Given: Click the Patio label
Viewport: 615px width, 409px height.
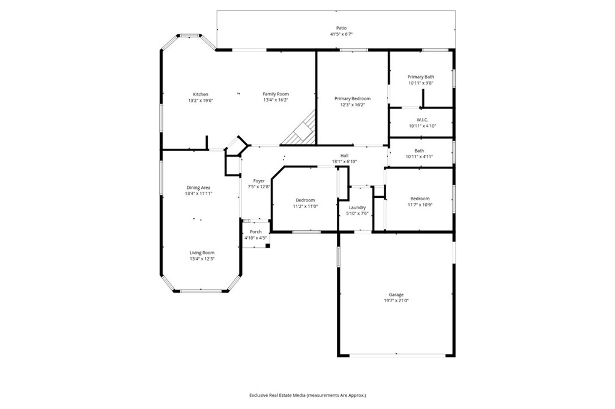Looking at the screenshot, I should tap(341, 28).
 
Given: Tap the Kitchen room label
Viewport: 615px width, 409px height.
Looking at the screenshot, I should tap(201, 94).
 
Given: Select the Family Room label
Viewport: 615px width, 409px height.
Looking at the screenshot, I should tap(276, 94).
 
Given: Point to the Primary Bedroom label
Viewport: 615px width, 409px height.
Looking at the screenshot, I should tap(353, 98).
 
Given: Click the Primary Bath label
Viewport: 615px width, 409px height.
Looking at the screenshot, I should tap(420, 77).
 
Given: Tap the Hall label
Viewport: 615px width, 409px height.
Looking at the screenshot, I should tap(344, 155).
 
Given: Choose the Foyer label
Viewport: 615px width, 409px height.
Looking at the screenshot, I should tap(259, 181).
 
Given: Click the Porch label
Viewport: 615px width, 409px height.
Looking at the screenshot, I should tap(256, 231).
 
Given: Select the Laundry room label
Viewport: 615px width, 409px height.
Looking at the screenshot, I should tap(357, 207).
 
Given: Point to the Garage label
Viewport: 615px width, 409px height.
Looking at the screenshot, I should tap(396, 294).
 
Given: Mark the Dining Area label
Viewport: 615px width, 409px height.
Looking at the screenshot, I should tap(198, 188).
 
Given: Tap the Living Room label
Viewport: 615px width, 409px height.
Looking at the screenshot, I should tap(202, 252).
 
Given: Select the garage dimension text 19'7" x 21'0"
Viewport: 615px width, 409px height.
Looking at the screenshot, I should tap(396, 301).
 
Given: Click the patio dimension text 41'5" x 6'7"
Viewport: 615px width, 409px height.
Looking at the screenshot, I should tap(341, 34).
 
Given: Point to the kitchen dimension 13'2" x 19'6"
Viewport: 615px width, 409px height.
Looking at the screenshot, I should tap(201, 101).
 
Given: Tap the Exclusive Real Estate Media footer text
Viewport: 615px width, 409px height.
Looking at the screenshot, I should tap(307, 395).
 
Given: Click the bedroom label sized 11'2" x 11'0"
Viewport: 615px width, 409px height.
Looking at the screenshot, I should tap(305, 200).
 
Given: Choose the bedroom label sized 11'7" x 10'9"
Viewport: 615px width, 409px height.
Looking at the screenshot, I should tap(420, 199).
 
